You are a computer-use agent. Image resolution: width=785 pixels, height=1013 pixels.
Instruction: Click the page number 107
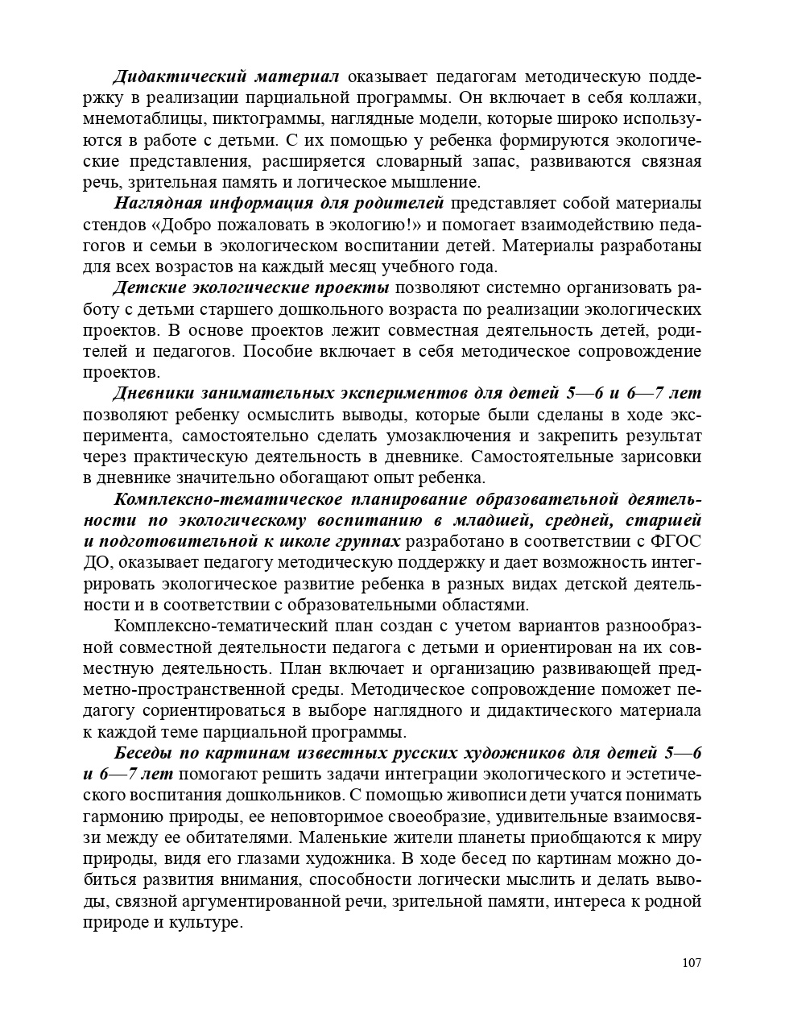pos(692,963)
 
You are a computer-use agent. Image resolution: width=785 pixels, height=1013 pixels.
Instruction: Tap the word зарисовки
pos(658,457)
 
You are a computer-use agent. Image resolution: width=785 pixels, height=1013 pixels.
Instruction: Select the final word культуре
pos(205,922)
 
